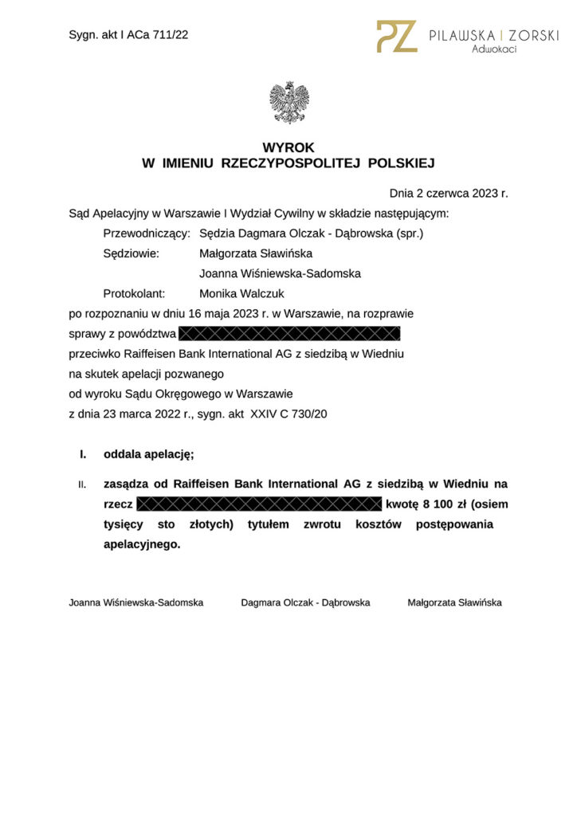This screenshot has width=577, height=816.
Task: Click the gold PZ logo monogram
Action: pos(396,37)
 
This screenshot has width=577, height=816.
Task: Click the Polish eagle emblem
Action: pos(288,102)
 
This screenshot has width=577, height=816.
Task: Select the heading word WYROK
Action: pos(288,147)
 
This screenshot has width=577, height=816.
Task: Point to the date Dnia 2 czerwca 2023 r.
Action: pos(448,194)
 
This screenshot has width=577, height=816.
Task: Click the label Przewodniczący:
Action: pos(147,233)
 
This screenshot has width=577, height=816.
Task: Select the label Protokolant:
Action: pos(134,293)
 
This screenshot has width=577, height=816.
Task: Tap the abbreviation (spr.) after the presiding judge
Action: pos(410,233)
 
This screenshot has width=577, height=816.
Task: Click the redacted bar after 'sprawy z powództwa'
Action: pos(289,333)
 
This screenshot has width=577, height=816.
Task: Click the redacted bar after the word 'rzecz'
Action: pos(260,504)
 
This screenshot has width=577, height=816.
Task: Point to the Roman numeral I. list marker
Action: pos(82,455)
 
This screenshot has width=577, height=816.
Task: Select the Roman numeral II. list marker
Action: pos(82,484)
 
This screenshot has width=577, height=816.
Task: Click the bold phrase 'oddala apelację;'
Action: pos(149,455)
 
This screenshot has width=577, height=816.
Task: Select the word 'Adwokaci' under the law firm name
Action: pos(493,49)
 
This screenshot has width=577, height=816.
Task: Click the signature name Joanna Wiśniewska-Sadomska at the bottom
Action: pos(136,602)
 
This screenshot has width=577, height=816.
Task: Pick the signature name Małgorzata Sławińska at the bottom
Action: pos(454,602)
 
